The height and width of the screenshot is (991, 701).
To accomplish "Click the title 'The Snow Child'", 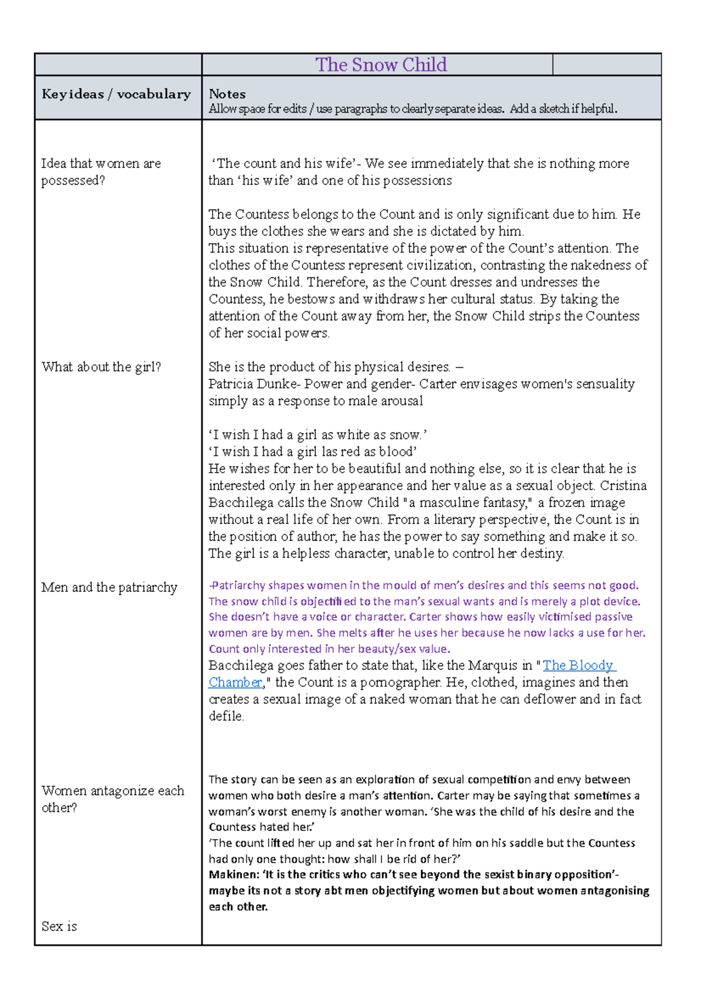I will [381, 65].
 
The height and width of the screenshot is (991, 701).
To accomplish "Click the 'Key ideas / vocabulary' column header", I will [116, 95].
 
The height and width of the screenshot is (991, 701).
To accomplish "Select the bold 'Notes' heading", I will [227, 94].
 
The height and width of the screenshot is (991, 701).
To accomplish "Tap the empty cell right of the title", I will [606, 65].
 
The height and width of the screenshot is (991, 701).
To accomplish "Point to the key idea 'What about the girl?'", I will [101, 367].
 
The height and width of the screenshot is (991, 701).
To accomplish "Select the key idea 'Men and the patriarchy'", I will [109, 588].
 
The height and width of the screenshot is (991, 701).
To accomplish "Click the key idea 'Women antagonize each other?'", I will [112, 799].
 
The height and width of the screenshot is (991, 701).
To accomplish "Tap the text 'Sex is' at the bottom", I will [59, 926].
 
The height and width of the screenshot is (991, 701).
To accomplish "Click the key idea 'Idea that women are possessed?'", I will [100, 172].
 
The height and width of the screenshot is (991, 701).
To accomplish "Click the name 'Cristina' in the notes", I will [623, 486].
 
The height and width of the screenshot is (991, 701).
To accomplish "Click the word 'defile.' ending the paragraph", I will [226, 716].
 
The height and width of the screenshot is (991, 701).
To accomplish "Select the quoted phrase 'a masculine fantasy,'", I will [469, 503].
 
